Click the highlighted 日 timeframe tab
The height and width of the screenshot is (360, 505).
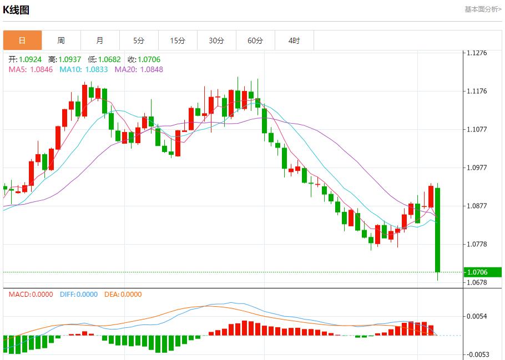point(22,40)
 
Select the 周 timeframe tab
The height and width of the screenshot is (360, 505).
point(61,40)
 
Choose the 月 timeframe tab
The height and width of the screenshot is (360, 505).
point(100,40)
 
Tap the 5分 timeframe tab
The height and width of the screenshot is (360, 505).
point(139,40)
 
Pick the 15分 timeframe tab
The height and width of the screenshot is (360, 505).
point(178,40)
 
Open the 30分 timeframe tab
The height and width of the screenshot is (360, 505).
point(216,40)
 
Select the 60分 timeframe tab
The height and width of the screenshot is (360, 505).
point(255,40)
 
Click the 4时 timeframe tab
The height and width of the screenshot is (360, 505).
point(294,40)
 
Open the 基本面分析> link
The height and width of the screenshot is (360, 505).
point(483,9)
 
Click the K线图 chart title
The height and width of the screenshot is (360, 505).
point(16,10)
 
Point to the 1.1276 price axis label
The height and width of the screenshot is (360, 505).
point(477,53)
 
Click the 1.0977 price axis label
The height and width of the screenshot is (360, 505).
point(477,168)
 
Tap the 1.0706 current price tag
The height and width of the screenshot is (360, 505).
point(477,272)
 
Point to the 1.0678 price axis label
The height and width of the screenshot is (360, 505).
point(477,282)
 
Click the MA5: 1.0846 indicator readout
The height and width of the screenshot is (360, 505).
point(31,69)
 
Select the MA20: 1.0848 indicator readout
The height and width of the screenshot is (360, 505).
point(139,69)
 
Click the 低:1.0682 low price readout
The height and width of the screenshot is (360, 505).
point(104,59)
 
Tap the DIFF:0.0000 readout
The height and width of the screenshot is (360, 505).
point(78,295)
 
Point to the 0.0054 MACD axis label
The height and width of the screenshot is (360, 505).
point(477,316)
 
